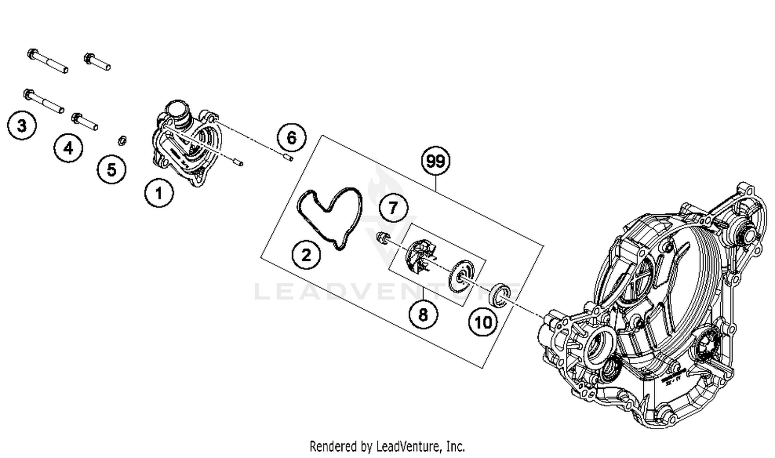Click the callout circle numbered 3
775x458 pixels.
[22, 125]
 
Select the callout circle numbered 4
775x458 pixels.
[68, 149]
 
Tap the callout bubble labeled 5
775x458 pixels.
[112, 169]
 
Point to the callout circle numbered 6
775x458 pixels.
[291, 138]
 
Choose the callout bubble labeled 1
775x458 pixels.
[159, 193]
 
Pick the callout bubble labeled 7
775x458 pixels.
[393, 208]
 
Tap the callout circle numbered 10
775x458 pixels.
[483, 323]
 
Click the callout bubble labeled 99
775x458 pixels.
[435, 161]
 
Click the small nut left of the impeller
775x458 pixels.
[382, 238]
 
